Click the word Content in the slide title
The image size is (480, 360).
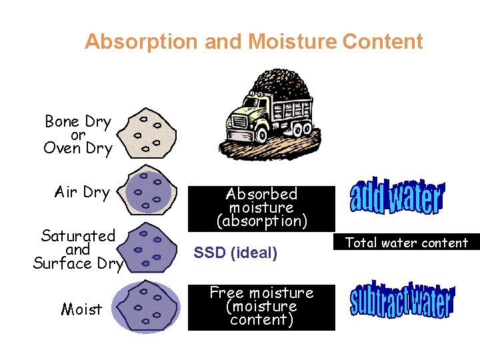tap(382, 42)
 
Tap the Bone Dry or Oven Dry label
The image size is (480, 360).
tap(77, 135)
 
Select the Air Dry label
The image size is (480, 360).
tap(82, 193)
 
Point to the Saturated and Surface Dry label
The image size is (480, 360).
tap(79, 249)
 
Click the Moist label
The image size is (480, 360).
tap(81, 309)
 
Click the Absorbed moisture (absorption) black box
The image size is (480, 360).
tap(261, 207)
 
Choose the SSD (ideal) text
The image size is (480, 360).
tap(235, 253)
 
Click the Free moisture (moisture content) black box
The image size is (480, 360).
tap(261, 306)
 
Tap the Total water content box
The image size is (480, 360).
tap(406, 243)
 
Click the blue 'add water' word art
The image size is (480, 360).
tap(396, 197)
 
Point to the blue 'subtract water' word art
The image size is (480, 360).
tap(402, 301)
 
